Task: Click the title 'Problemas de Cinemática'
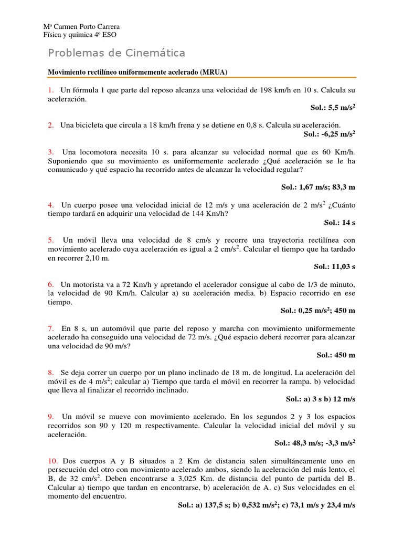coord(116,53)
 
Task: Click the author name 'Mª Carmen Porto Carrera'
coord(81,27)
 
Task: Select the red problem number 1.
coord(50,90)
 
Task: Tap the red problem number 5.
coord(51,240)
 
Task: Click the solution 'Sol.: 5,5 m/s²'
coord(333,107)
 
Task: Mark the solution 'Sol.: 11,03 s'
coord(335,266)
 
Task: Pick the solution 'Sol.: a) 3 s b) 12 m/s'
coord(321,399)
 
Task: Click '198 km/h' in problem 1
coord(275,90)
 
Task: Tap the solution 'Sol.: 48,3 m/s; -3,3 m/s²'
coord(315,443)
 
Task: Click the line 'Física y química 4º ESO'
coord(79,35)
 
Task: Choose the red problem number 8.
coord(51,372)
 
